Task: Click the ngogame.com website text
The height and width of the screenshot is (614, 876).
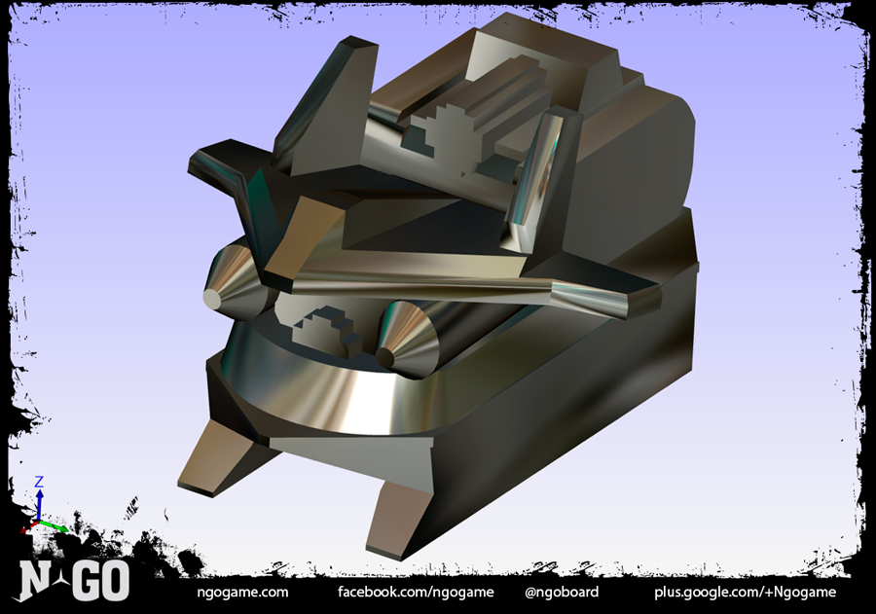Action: click(242, 593)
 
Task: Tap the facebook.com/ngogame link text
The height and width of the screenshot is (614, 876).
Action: click(416, 593)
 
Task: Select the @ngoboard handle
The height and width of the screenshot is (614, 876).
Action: click(562, 592)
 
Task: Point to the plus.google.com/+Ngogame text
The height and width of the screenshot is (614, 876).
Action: click(746, 593)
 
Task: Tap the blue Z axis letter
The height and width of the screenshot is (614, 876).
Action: click(39, 482)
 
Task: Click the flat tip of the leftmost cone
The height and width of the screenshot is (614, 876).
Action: click(212, 300)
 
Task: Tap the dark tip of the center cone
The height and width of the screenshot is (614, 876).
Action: click(384, 356)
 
